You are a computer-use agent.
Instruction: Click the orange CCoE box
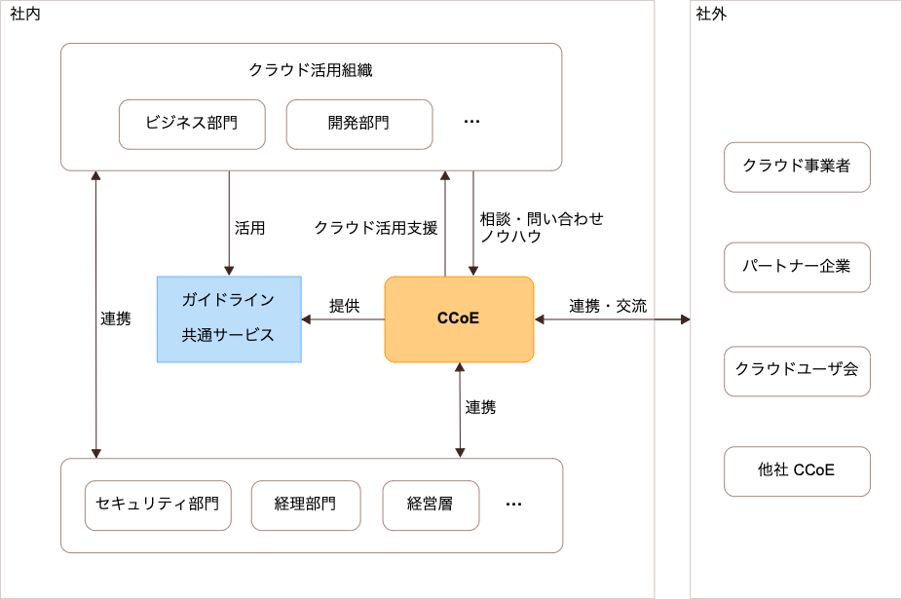[x=459, y=318]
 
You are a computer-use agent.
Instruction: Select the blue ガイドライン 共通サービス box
[x=229, y=318]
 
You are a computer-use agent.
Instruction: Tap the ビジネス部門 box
[x=192, y=124]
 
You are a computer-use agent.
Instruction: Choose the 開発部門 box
[x=358, y=124]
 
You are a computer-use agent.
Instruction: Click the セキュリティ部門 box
[x=158, y=505]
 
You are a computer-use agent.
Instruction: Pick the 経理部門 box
[x=306, y=505]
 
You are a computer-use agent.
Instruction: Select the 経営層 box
[x=431, y=505]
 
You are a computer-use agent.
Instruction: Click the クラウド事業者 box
[x=796, y=167]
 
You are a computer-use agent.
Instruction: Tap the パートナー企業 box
[x=796, y=267]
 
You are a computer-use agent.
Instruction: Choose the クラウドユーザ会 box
[x=796, y=370]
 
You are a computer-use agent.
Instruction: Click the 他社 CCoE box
[x=796, y=470]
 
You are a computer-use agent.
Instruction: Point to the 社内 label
[x=25, y=14]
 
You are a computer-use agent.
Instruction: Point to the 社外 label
[x=711, y=14]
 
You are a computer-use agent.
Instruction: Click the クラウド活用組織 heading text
[x=311, y=70]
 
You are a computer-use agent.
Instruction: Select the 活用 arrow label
[x=249, y=228]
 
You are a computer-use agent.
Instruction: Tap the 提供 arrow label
[x=344, y=306]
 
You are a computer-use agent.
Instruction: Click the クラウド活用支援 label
[x=375, y=228]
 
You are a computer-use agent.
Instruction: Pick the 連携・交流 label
[x=608, y=306]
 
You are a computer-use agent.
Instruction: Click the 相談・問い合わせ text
[x=542, y=218]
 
